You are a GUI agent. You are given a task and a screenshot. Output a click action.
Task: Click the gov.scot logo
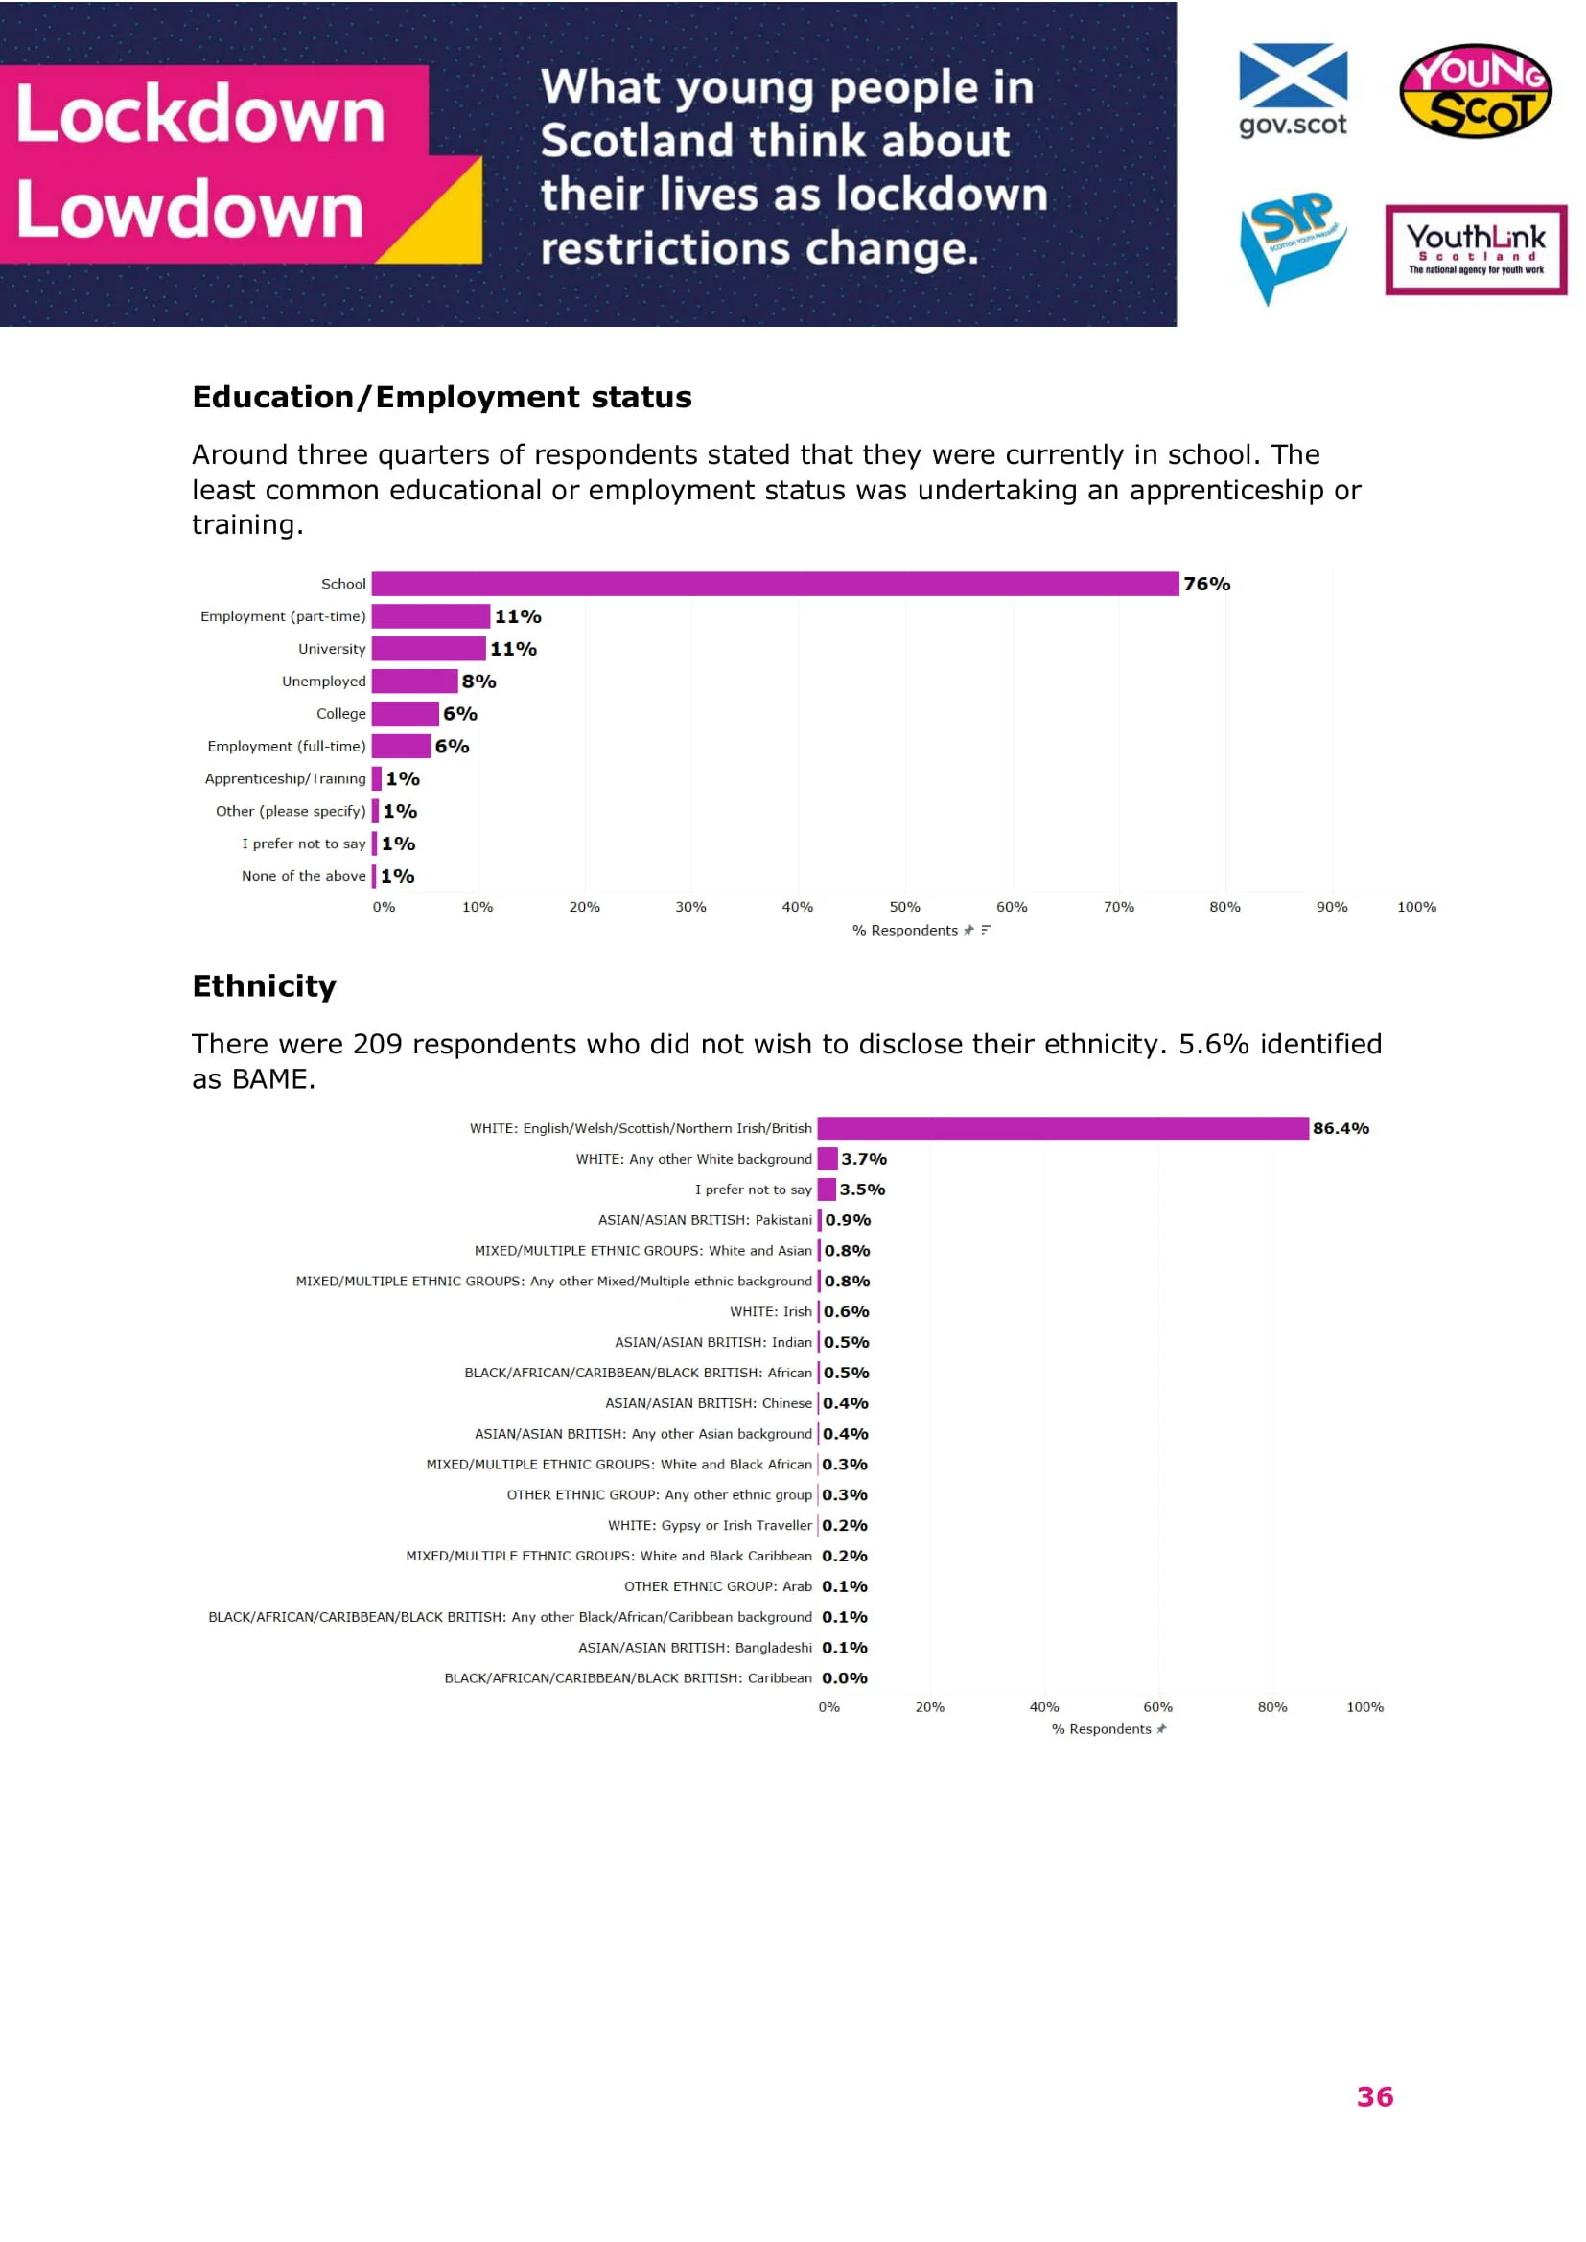tap(1292, 89)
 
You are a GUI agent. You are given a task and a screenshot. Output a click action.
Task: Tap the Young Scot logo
tap(1475, 90)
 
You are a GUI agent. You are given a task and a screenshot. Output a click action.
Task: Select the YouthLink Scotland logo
tap(1475, 249)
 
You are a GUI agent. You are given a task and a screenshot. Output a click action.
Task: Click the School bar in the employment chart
tap(775, 584)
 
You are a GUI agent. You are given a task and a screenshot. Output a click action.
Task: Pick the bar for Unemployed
tap(414, 681)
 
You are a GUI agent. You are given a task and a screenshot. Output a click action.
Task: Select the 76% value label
tap(1206, 584)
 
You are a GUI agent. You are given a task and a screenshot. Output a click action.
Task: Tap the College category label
tap(340, 714)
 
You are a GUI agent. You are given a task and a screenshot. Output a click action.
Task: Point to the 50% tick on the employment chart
tap(904, 907)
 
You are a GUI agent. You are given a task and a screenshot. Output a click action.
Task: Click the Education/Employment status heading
tap(441, 398)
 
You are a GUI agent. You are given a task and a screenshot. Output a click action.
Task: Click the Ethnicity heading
tap(264, 986)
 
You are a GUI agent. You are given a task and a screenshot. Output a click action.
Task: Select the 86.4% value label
tap(1340, 1129)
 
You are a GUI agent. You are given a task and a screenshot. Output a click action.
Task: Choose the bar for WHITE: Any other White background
tap(828, 1159)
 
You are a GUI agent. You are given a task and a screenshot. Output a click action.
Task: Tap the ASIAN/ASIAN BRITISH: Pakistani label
tap(704, 1220)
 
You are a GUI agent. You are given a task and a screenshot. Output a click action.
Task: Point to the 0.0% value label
tap(844, 1678)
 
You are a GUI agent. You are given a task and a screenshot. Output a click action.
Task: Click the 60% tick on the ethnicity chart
tap(1157, 1708)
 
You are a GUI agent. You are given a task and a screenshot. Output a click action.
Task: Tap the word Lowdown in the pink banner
tap(191, 210)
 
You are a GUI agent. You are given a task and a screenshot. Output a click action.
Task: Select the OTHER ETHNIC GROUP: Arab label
tap(718, 1586)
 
